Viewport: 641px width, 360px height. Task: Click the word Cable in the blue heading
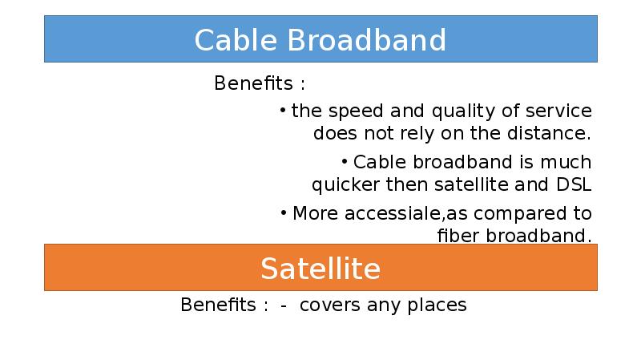236,40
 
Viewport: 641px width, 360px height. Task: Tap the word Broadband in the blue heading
367,40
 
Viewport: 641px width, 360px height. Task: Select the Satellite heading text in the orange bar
320,269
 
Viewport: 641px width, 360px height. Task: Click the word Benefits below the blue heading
253,83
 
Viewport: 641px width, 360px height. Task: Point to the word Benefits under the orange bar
218,305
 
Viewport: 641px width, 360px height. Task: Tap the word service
558,111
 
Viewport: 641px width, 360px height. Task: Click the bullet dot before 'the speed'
283,110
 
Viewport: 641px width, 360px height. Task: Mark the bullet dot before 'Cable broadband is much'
345,162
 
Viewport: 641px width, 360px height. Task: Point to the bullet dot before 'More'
284,212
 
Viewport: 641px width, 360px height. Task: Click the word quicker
345,185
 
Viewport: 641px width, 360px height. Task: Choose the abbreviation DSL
574,184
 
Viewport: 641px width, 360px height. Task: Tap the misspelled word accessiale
393,213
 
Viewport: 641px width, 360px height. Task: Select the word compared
520,214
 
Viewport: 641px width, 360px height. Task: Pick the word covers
330,305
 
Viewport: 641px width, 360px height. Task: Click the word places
437,305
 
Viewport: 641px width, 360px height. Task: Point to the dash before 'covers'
284,306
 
